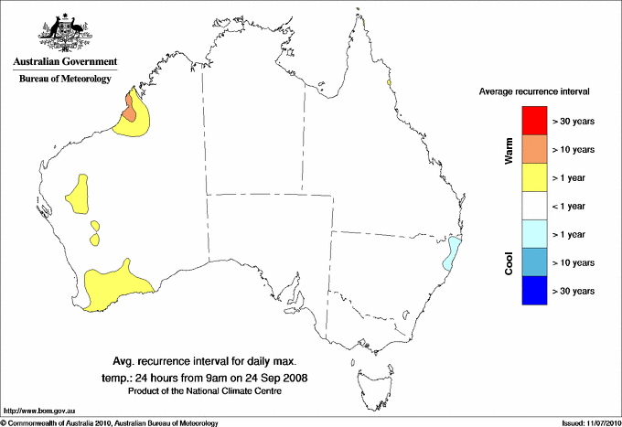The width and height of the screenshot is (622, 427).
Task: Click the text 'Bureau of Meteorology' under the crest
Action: [x=64, y=79]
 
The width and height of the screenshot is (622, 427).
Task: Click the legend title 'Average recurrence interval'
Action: [x=534, y=92]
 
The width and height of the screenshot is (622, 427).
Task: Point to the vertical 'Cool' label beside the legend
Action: [x=509, y=262]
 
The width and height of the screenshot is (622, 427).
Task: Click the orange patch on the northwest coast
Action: [x=130, y=112]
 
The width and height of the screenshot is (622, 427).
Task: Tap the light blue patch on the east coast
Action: [x=452, y=254]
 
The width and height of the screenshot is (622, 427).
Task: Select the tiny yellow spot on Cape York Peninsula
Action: [x=390, y=83]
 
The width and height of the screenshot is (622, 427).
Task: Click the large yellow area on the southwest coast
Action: [x=110, y=283]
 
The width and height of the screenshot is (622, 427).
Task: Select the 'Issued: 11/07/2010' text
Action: [x=590, y=422]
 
